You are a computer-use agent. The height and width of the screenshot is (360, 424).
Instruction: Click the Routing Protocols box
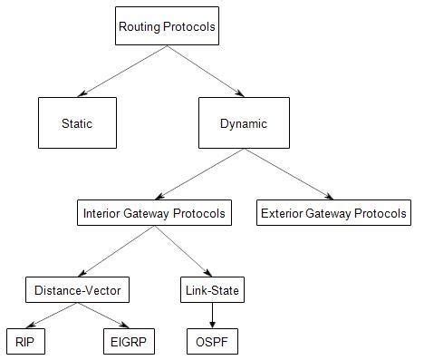(168, 26)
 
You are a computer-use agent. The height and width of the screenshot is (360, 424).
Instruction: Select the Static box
(77, 123)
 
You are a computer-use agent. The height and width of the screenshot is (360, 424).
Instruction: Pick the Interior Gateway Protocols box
(153, 214)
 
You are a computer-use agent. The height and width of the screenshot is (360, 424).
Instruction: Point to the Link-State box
(212, 290)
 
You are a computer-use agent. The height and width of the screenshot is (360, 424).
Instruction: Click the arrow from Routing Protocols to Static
(122, 72)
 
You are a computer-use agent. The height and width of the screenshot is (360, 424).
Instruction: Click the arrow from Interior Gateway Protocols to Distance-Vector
(114, 252)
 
